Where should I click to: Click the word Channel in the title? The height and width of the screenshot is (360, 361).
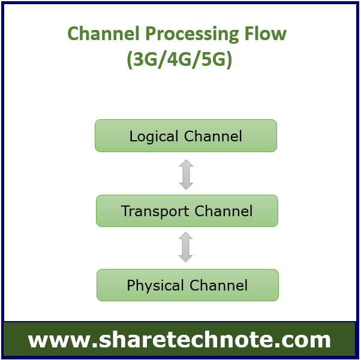[104, 34]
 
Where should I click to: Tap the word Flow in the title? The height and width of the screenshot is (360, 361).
[266, 34]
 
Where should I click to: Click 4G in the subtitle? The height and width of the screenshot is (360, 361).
[179, 59]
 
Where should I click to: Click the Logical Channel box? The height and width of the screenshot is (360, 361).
[186, 136]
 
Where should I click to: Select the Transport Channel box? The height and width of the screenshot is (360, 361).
[187, 211]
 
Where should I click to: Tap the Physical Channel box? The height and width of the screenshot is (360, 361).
[188, 285]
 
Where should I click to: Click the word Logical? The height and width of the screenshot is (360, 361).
[154, 137]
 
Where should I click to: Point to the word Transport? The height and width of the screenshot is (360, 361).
[155, 211]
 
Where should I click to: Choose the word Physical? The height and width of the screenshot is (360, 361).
[155, 286]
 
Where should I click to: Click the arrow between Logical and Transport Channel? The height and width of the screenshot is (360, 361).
[186, 174]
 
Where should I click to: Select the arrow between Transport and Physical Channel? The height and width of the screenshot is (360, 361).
[185, 247]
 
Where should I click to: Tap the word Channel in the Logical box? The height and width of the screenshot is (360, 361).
[213, 136]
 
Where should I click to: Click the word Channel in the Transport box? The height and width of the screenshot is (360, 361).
[224, 211]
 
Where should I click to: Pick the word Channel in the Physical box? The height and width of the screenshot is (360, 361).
[218, 285]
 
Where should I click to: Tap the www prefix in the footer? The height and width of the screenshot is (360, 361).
[59, 341]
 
